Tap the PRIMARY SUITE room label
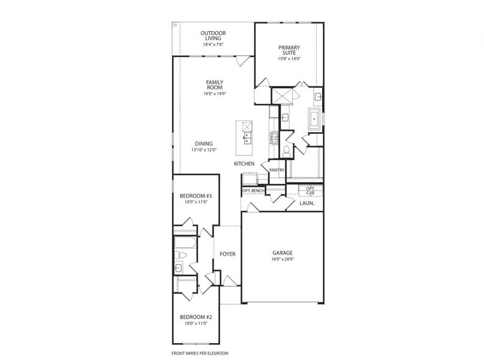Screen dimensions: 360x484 (288, 50)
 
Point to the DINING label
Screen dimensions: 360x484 (203, 143)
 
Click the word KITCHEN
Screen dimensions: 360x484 (245, 164)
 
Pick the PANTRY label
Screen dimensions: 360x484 (276, 170)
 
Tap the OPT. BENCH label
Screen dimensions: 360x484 (253, 191)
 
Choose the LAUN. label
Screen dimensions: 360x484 (307, 203)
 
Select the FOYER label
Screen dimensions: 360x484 (227, 254)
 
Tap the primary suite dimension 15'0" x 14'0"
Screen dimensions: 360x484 (288, 59)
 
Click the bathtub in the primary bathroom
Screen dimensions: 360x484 (314, 119)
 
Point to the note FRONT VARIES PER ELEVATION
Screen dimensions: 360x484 (200, 353)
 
